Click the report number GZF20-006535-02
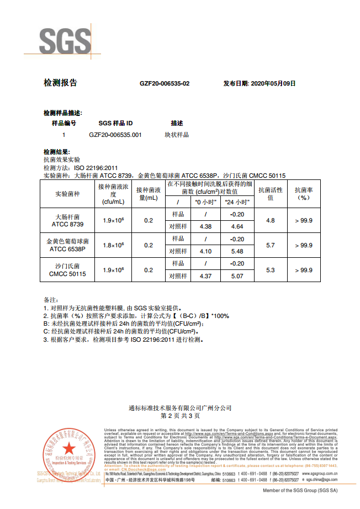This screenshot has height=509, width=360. (x=165, y=83)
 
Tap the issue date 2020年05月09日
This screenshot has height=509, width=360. (x=260, y=83)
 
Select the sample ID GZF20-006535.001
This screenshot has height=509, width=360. (x=115, y=135)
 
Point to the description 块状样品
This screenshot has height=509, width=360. (x=176, y=135)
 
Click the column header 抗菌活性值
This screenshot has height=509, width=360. (x=271, y=193)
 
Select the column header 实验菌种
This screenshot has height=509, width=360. (x=67, y=194)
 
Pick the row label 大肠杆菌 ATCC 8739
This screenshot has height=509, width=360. (x=67, y=221)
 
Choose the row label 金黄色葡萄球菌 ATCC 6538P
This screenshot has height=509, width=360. (x=67, y=245)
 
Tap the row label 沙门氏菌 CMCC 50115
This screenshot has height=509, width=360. (x=67, y=270)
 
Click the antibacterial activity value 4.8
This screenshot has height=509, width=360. (x=271, y=220)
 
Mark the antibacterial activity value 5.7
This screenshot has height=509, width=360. (x=271, y=245)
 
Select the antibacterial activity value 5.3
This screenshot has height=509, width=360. (x=271, y=270)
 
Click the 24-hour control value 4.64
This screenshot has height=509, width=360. (x=237, y=226)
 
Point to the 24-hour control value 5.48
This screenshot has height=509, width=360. (x=237, y=251)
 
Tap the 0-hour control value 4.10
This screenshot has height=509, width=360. (x=205, y=251)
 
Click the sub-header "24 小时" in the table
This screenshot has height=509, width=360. (x=237, y=202)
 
